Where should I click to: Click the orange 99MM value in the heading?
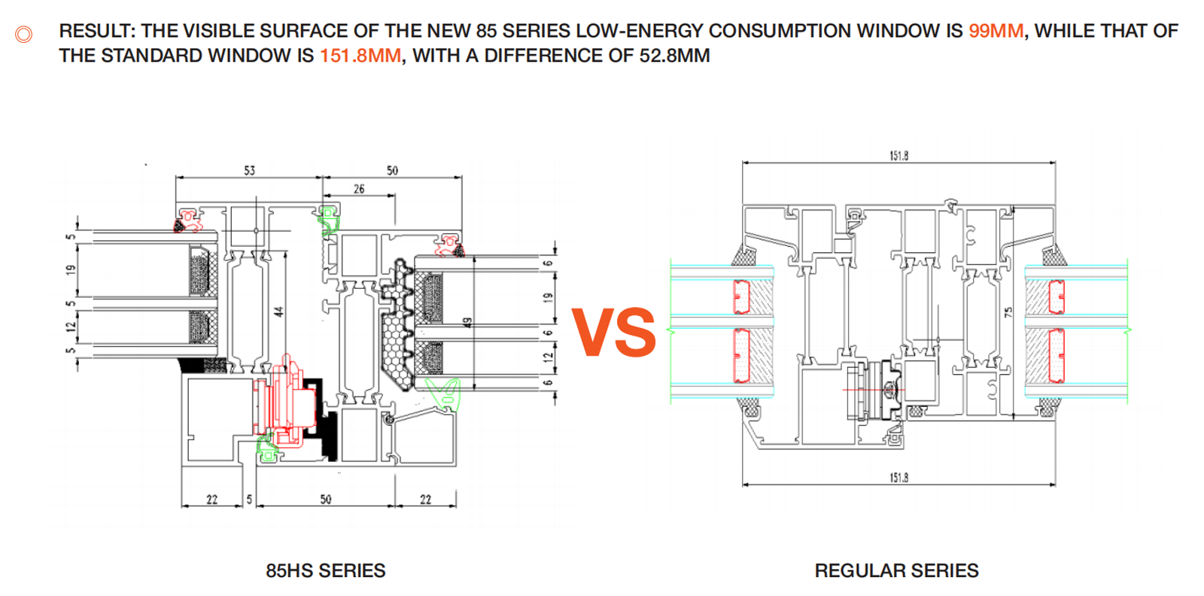point(996,31)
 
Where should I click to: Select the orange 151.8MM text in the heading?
point(360,56)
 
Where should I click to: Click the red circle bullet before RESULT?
point(24,34)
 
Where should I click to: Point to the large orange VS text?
point(613,332)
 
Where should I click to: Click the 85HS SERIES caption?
point(325,570)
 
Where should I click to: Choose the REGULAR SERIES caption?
point(896,570)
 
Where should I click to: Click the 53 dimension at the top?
point(249,171)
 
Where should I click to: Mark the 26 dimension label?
point(359,189)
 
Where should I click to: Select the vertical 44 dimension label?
point(278,311)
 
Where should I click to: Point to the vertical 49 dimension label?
point(467,322)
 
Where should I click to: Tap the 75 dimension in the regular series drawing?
point(1008,311)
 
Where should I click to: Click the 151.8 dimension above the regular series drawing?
point(898,156)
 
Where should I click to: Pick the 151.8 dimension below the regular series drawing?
point(898,477)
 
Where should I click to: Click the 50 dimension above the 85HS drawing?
point(392,171)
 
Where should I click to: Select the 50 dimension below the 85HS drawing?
point(325,499)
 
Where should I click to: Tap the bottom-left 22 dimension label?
point(211,499)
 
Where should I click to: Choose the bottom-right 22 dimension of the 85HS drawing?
point(425,499)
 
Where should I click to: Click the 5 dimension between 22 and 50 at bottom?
point(249,499)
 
